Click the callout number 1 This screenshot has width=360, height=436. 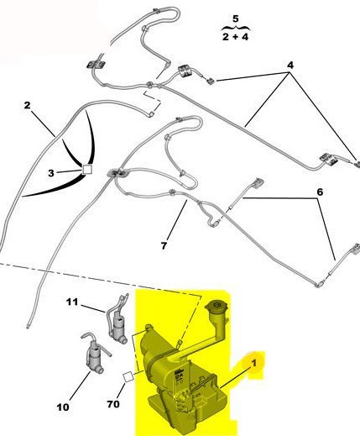(x=253, y=363)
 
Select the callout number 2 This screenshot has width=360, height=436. (x=27, y=105)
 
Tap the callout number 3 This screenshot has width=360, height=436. (x=51, y=173)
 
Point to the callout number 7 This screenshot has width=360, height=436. (x=164, y=245)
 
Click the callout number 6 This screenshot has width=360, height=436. (x=320, y=192)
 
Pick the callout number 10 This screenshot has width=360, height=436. (x=63, y=407)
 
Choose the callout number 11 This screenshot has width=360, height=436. (x=72, y=302)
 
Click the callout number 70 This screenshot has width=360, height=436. (x=113, y=404)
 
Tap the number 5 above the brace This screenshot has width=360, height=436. (x=236, y=18)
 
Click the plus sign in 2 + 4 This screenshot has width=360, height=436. (x=235, y=37)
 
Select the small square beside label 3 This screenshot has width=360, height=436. (x=87, y=170)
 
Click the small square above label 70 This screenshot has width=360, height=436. (x=128, y=376)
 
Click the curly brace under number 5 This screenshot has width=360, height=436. (x=236, y=28)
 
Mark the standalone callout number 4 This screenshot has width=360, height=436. (x=290, y=66)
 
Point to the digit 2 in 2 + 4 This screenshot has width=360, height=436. (x=226, y=37)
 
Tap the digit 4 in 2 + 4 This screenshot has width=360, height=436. (x=245, y=37)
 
